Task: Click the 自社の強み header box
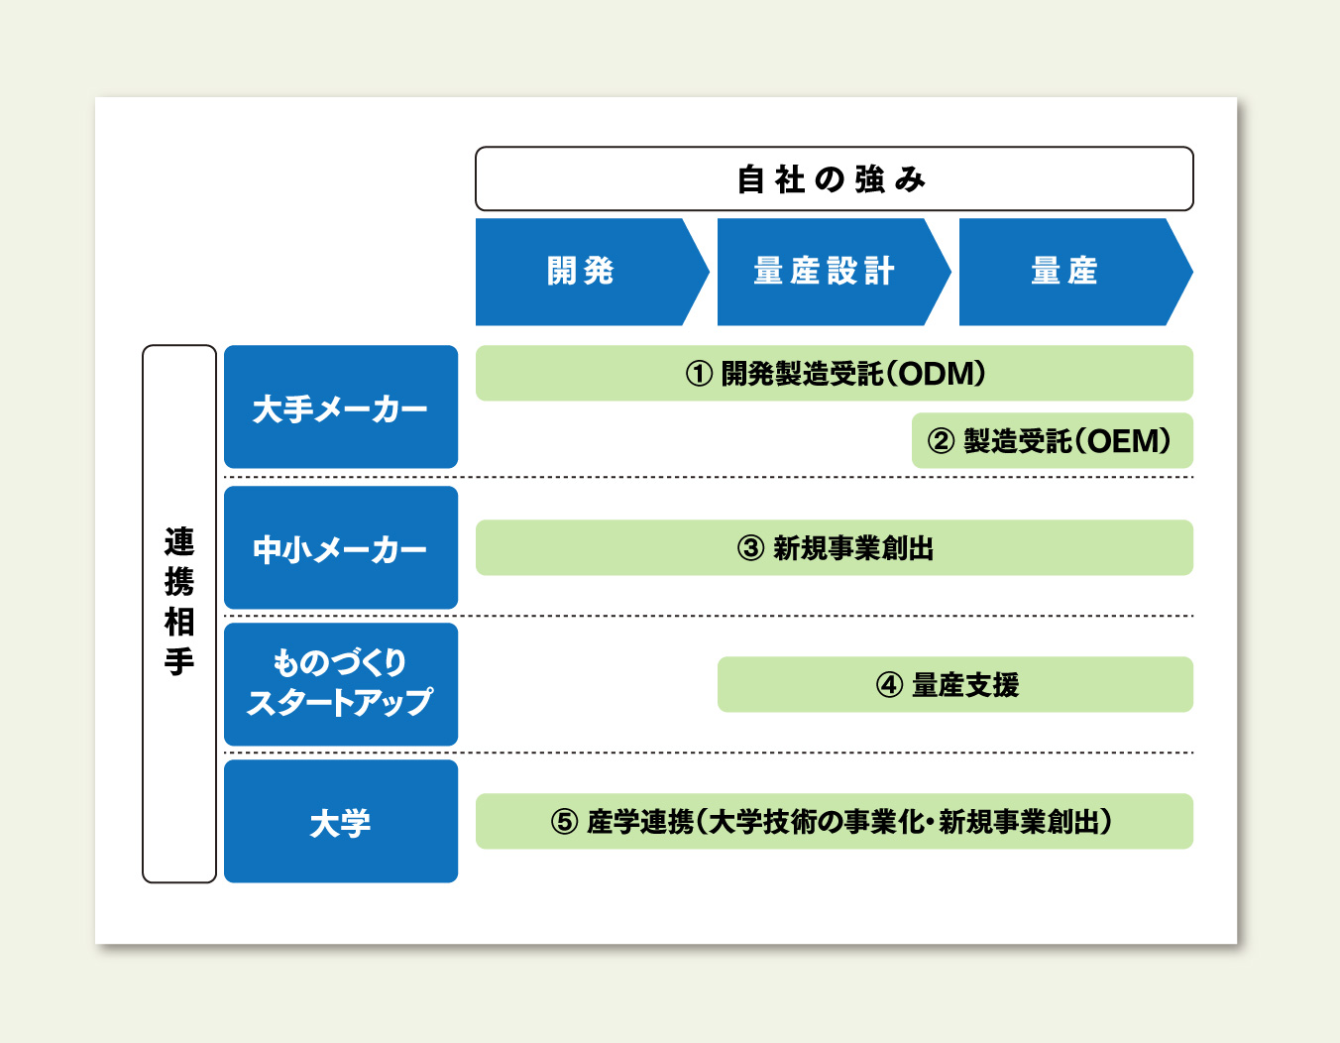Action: (835, 178)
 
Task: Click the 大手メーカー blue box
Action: (341, 406)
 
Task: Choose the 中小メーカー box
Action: (341, 547)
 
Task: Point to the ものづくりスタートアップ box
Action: (341, 685)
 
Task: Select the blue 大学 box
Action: (341, 822)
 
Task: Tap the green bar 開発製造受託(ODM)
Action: (835, 373)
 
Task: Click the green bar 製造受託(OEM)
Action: (1053, 440)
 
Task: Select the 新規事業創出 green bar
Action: (835, 547)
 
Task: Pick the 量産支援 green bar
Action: (955, 685)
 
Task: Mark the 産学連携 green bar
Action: (835, 822)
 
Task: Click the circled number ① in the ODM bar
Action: (700, 374)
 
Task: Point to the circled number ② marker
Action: (941, 441)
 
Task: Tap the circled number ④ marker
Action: (889, 685)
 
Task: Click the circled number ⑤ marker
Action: (564, 822)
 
